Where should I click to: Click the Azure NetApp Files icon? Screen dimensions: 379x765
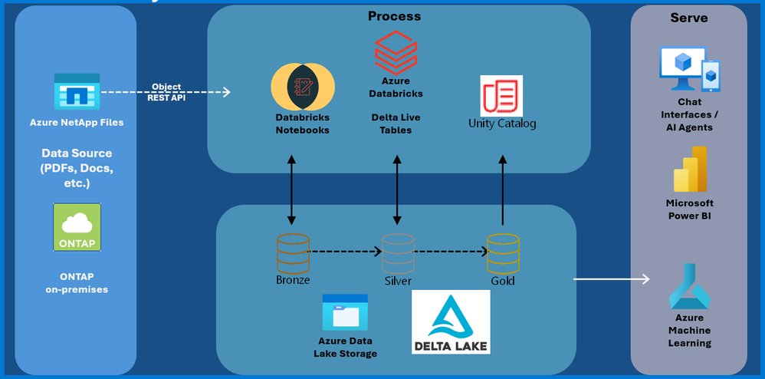pos(77,92)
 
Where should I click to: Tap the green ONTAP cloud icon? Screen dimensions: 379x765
pos(77,226)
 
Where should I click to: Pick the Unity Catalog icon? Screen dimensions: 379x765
pos(501,96)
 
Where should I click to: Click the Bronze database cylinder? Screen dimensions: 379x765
pos(293,253)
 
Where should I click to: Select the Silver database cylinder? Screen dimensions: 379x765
pos(398,253)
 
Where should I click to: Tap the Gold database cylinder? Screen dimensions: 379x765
pos(502,253)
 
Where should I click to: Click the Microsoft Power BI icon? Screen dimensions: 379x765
pos(689,169)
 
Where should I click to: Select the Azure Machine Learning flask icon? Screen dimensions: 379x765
pos(689,285)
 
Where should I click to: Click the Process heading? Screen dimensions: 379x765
pos(394,15)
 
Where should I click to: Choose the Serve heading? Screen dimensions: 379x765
pos(688,17)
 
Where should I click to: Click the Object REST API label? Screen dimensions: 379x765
pos(166,91)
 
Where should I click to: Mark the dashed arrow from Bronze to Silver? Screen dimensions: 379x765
pos(345,251)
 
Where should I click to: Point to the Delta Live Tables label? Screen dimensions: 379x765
pos(396,124)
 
